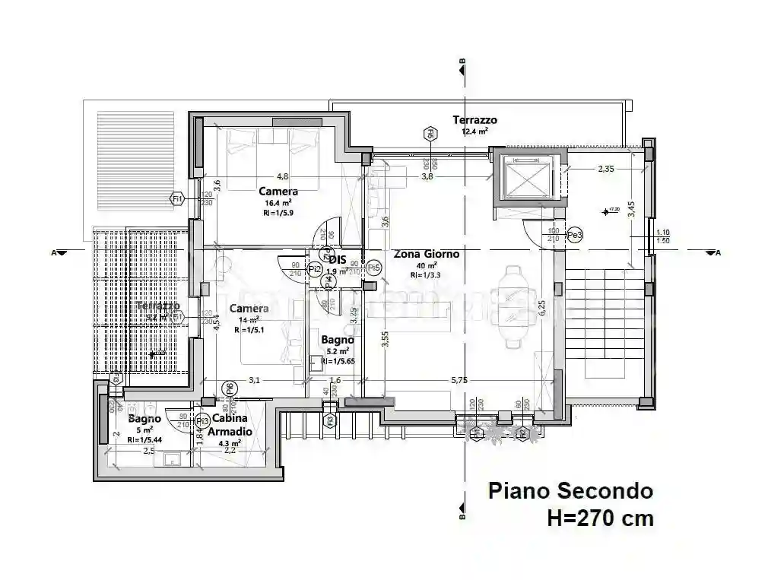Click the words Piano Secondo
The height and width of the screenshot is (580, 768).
click(x=570, y=490)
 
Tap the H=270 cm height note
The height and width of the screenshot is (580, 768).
click(x=599, y=518)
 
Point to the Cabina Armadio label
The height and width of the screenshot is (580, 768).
click(x=232, y=425)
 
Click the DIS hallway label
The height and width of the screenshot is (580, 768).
click(x=338, y=259)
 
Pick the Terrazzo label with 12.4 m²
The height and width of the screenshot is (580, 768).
click(x=474, y=120)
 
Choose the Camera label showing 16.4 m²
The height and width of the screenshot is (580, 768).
click(x=278, y=192)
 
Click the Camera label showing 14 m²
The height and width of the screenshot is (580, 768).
click(x=249, y=309)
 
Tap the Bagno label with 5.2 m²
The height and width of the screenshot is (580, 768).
click(x=337, y=340)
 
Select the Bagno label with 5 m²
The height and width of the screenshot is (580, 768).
click(x=144, y=419)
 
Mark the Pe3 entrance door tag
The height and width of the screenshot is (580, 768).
click(x=576, y=236)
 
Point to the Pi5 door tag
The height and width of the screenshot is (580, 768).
click(x=373, y=268)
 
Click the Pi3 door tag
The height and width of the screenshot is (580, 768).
click(x=202, y=420)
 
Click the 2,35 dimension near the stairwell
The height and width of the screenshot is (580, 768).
click(x=605, y=169)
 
